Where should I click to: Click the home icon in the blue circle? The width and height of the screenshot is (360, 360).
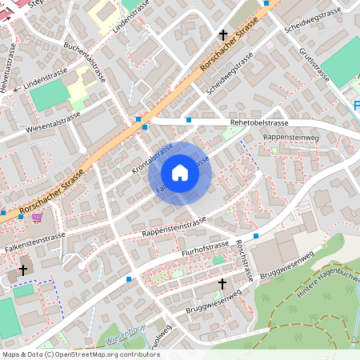pyautogui.click(x=180, y=173)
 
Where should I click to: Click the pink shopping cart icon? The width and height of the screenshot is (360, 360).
pyautogui.click(x=38, y=217)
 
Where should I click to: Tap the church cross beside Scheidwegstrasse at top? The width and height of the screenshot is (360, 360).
pyautogui.click(x=223, y=34)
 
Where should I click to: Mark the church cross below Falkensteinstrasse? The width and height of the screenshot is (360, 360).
pyautogui.click(x=23, y=270)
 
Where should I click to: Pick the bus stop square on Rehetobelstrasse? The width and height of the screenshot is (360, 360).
pyautogui.click(x=189, y=120)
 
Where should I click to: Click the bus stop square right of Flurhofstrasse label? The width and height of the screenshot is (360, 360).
pyautogui.click(x=255, y=236)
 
